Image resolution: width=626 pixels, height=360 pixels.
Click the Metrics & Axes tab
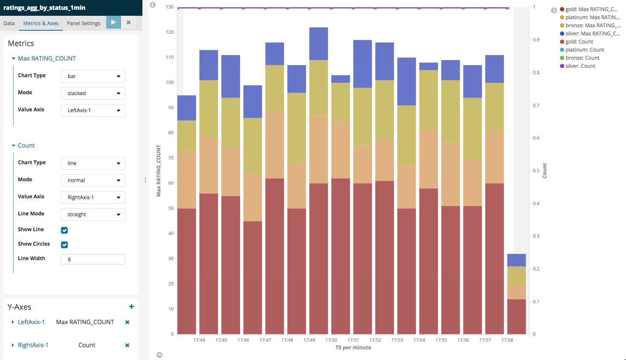[x=41, y=23]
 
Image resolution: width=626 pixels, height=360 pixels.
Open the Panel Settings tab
[x=84, y=23]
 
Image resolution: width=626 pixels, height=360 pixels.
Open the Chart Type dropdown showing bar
[x=93, y=76]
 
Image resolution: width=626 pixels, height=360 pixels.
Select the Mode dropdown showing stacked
[x=93, y=93]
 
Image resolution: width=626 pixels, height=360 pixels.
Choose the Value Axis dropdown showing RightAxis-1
[x=93, y=197]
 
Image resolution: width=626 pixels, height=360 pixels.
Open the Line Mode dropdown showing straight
[x=93, y=215]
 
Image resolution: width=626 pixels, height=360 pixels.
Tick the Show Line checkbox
[x=64, y=230]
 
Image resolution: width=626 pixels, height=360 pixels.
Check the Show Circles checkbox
[x=64, y=245]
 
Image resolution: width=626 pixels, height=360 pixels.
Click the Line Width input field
[x=93, y=259]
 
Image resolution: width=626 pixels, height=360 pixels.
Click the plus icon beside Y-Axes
[x=131, y=307]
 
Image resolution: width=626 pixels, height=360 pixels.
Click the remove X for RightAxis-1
[x=127, y=345]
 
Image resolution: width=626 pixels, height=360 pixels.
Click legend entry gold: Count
[x=579, y=42]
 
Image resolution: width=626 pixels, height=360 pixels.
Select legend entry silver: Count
[x=580, y=66]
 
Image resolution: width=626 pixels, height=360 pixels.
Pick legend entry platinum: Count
[x=584, y=50]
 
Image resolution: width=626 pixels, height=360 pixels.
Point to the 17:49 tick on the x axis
[x=309, y=340]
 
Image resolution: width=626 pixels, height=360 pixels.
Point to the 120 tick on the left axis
[x=170, y=32]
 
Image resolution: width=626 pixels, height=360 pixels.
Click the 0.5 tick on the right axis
[x=536, y=171]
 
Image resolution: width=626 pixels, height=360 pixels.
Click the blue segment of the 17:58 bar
[x=516, y=260]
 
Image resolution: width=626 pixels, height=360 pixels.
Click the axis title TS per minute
[x=353, y=348]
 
